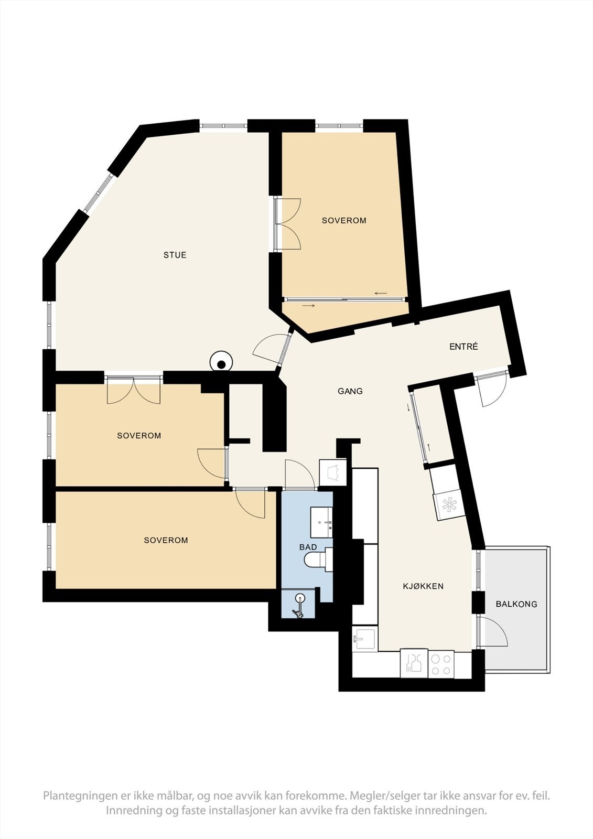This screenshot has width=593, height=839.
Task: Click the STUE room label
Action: [x=175, y=255]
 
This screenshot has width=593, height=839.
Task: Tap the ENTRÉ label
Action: [x=463, y=347]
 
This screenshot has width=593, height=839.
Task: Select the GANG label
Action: [x=350, y=391]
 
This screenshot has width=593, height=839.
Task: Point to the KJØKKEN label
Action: [x=423, y=586]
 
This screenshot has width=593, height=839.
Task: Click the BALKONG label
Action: [x=516, y=604]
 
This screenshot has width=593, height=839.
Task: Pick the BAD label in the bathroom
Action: [x=308, y=547]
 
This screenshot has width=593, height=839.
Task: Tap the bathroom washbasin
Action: [x=321, y=522]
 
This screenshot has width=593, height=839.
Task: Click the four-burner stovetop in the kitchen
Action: [x=441, y=664]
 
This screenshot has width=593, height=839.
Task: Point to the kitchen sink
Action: [x=364, y=639]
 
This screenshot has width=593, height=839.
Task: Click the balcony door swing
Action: [x=493, y=632]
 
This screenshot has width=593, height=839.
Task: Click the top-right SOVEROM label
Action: [x=344, y=221]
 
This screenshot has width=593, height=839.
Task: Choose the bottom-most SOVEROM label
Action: [x=166, y=541]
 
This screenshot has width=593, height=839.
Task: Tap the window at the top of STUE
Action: [x=223, y=126]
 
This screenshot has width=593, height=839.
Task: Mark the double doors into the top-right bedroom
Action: [x=288, y=224]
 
